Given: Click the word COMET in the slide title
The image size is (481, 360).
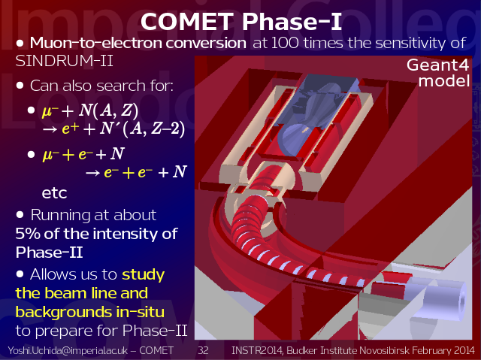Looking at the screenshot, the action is click(186, 22).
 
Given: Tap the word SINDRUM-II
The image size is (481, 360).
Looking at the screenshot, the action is click(64, 61).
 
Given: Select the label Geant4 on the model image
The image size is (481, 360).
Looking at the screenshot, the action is click(437, 65).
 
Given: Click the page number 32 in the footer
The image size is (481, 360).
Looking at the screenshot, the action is click(203, 350).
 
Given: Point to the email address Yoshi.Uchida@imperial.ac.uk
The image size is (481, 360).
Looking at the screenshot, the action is click(68, 350).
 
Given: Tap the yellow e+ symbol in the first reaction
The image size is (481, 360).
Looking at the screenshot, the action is click(70, 129).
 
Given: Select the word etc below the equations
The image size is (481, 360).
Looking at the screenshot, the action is click(54, 193).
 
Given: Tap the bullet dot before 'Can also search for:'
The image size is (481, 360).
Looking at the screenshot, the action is click(20, 86).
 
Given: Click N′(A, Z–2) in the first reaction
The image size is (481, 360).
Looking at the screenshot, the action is click(142, 129).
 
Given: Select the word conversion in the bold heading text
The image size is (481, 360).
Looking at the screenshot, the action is click(206, 43).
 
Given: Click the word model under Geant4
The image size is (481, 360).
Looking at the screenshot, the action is click(444, 81).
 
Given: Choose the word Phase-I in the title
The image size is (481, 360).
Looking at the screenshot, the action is click(292, 22).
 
